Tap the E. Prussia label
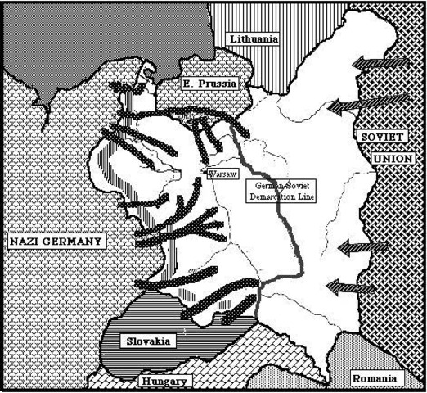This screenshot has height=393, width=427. (202, 84)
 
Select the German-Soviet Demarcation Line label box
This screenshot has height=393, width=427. (281, 192)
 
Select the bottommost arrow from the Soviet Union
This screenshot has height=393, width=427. (352, 286)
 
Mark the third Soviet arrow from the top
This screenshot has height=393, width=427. (362, 246)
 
